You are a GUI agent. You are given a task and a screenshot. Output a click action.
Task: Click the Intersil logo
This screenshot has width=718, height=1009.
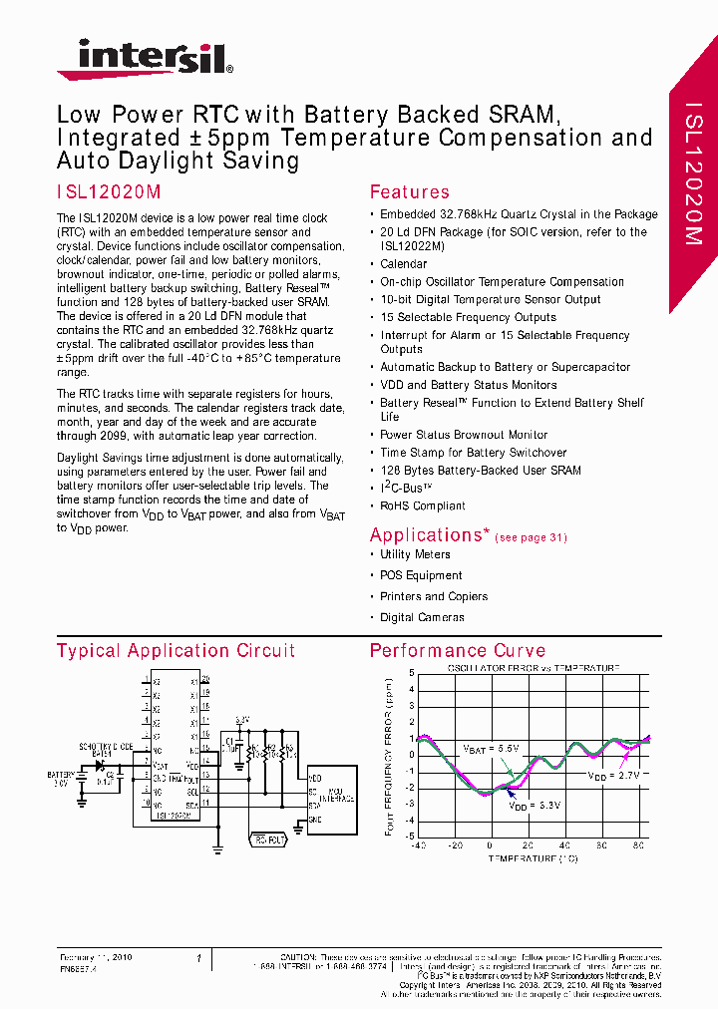tap(145, 58)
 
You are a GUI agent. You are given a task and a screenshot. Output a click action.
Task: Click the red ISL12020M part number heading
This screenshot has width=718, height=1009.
tap(109, 192)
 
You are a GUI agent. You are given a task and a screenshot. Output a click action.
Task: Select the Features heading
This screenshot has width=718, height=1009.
tap(409, 192)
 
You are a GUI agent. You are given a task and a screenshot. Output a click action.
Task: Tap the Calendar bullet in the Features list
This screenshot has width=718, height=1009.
tap(403, 264)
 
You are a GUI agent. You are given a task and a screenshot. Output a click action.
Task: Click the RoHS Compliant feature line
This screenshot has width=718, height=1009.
tap(423, 505)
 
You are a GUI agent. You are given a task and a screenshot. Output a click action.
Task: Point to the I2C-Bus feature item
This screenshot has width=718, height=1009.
tap(406, 488)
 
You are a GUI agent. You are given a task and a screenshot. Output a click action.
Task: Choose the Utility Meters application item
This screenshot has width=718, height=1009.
tap(415, 554)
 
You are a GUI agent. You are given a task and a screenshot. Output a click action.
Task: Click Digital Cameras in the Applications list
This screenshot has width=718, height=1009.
tap(422, 617)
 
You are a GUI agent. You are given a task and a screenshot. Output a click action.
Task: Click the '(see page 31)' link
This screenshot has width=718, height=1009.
tap(531, 537)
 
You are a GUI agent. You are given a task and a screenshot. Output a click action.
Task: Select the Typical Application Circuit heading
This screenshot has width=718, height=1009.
tap(176, 651)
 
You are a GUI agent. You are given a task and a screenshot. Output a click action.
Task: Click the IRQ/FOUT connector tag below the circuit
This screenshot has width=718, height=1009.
tap(271, 840)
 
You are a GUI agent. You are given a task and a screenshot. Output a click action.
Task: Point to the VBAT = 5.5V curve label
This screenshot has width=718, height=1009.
tap(490, 748)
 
